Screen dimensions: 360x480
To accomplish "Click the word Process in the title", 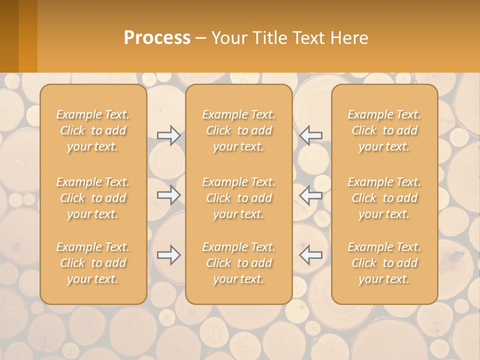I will pyautogui.click(x=157, y=38).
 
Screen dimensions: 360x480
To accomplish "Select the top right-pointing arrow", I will pyautogui.click(x=169, y=135).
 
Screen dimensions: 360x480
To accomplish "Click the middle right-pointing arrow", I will pyautogui.click(x=169, y=195).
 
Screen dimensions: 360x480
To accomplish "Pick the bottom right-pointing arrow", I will pyautogui.click(x=169, y=255).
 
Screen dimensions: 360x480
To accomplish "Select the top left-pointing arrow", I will pyautogui.click(x=310, y=135).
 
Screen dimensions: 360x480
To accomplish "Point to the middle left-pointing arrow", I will pyautogui.click(x=310, y=195).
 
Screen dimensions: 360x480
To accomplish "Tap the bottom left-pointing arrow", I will pyautogui.click(x=310, y=255).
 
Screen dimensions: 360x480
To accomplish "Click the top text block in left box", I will pyautogui.click(x=93, y=130).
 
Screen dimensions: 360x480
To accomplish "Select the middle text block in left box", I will pyautogui.click(x=93, y=198).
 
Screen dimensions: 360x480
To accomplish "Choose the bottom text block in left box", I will pyautogui.click(x=93, y=263).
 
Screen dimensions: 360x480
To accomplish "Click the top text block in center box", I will pyautogui.click(x=238, y=130).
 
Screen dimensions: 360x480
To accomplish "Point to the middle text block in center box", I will pyautogui.click(x=238, y=198).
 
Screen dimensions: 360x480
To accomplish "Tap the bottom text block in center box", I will pyautogui.click(x=238, y=263).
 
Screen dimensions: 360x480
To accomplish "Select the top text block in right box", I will pyautogui.click(x=384, y=130).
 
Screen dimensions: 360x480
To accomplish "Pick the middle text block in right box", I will pyautogui.click(x=384, y=198).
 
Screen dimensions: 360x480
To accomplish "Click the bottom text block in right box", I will pyautogui.click(x=384, y=263).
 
